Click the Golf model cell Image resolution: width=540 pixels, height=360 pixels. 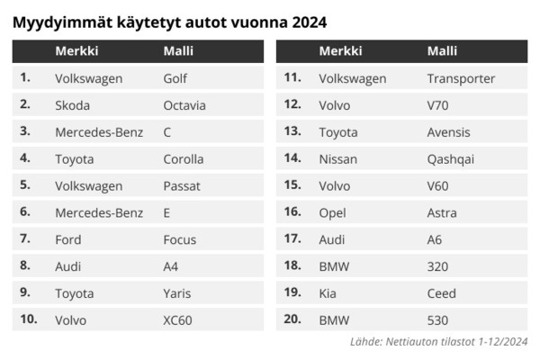(175, 78)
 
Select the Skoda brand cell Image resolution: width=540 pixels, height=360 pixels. (73, 105)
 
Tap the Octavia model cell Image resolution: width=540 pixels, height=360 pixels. (184, 105)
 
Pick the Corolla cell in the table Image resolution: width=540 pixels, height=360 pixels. (184, 159)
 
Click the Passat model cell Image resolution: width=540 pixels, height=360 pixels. (182, 186)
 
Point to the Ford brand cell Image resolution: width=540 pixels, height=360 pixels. (68, 239)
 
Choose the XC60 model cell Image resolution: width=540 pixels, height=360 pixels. (178, 319)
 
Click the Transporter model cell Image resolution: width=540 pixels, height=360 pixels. (461, 78)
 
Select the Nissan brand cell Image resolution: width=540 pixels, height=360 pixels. (338, 159)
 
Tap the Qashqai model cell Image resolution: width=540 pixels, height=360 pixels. (451, 159)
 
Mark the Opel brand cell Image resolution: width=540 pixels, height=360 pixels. (333, 213)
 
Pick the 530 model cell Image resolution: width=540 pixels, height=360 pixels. (437, 319)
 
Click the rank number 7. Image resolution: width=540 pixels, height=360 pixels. (25, 239)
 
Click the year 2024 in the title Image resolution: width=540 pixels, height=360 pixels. (310, 19)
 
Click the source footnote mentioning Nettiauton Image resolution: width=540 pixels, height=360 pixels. (437, 342)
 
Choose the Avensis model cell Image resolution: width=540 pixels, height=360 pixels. (449, 132)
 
